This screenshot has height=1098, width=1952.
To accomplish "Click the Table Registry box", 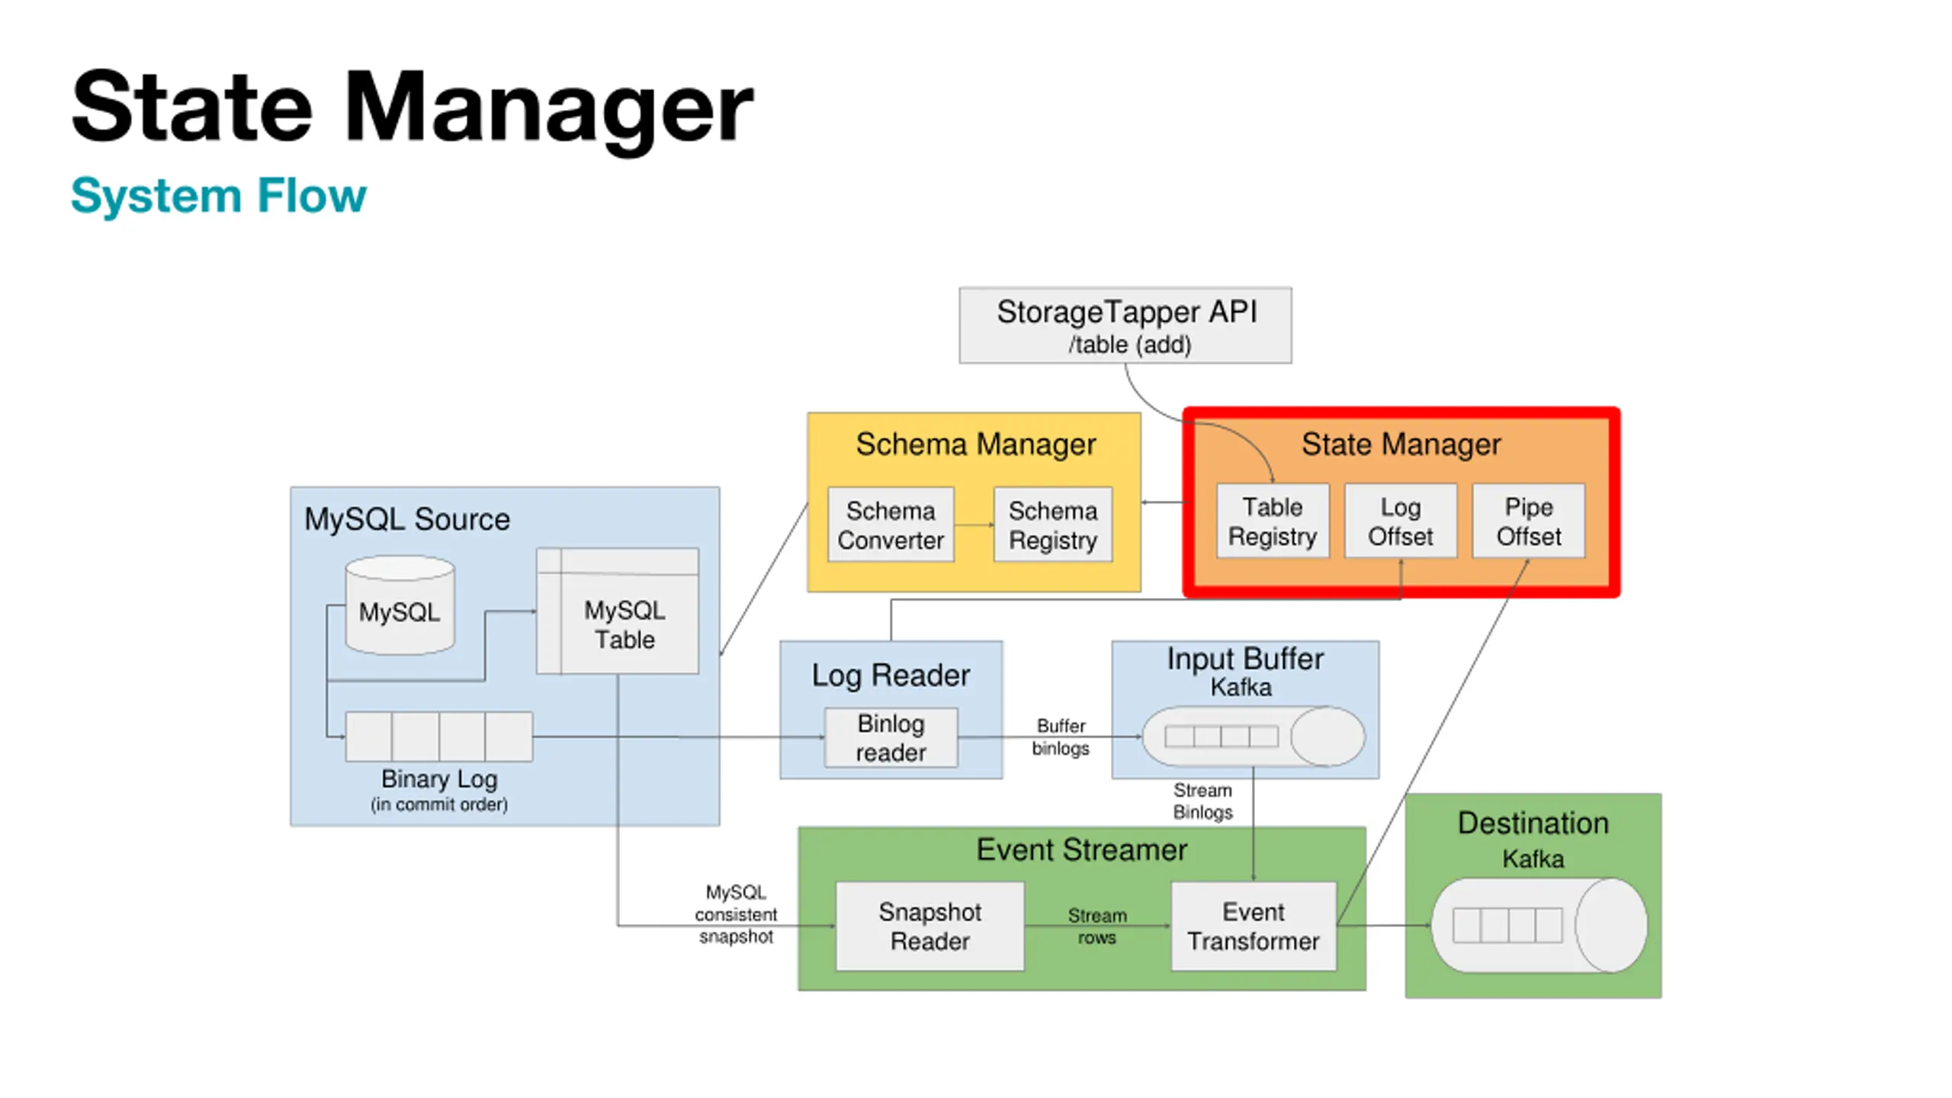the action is pyautogui.click(x=1272, y=521).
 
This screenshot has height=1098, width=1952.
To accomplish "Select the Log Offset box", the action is pyautogui.click(x=1400, y=521).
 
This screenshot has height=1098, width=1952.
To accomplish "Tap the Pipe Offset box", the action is pyautogui.click(x=1528, y=521).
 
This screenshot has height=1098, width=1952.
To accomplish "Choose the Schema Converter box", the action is pyautogui.click(x=891, y=525).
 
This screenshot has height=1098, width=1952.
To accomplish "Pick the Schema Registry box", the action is pyautogui.click(x=1053, y=525).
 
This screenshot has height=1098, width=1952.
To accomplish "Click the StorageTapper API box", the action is pyautogui.click(x=1125, y=326).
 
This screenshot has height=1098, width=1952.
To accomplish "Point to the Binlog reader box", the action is pyautogui.click(x=891, y=737).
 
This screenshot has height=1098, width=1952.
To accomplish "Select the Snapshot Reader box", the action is pyautogui.click(x=929, y=926).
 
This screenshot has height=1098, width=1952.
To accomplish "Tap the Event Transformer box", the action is pyautogui.click(x=1254, y=926).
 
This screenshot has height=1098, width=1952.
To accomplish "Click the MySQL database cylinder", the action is pyautogui.click(x=400, y=605).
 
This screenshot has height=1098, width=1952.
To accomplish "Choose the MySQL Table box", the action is pyautogui.click(x=618, y=611).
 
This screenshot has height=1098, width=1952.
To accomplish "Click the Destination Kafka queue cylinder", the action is pyautogui.click(x=1539, y=925).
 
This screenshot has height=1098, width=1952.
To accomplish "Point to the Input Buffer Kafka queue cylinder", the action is pyautogui.click(x=1253, y=736).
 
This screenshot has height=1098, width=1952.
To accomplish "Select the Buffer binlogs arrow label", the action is pyautogui.click(x=1061, y=737).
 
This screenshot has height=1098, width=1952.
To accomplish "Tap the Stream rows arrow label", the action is pyautogui.click(x=1097, y=926).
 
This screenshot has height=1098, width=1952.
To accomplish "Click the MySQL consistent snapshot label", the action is pyautogui.click(x=736, y=914).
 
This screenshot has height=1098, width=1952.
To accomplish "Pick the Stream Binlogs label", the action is pyautogui.click(x=1202, y=801).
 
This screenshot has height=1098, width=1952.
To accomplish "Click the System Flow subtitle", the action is pyautogui.click(x=219, y=196).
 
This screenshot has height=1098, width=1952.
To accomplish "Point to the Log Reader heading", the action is pyautogui.click(x=891, y=676).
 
